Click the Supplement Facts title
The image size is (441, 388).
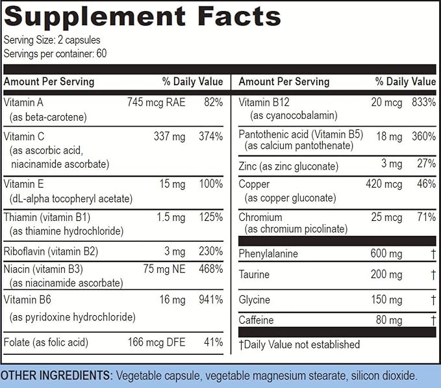pos(143,16)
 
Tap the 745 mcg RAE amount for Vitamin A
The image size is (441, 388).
pos(157,102)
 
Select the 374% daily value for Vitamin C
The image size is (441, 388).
pos(211,136)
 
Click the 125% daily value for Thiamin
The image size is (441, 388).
pos(211,218)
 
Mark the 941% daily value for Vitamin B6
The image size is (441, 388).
pos(211,300)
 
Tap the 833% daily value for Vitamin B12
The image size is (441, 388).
pos(423,102)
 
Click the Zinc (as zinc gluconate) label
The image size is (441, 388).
pos(288,166)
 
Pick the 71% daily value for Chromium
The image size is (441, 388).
pos(426,216)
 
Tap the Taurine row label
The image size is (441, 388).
pos(254,274)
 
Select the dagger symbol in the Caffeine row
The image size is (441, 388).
pos(433,320)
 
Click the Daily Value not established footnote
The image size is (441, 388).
pos(299,344)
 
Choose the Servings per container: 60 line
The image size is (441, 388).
pos(55,53)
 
